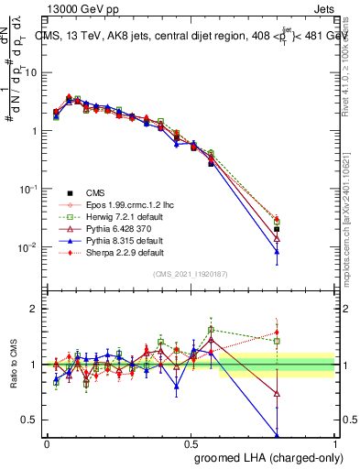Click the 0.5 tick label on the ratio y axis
tap(31, 420)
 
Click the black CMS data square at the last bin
tap(277, 229)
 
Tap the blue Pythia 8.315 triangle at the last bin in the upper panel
tap(277, 251)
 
